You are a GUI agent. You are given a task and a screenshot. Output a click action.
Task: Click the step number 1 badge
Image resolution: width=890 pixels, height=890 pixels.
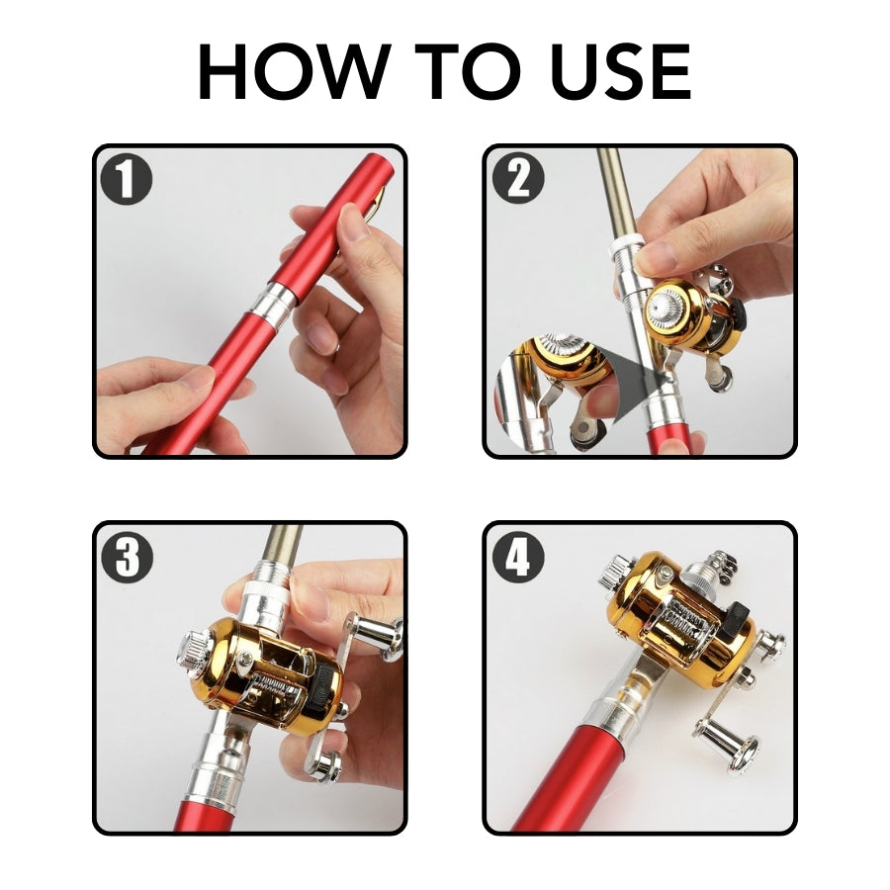click(x=128, y=180)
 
